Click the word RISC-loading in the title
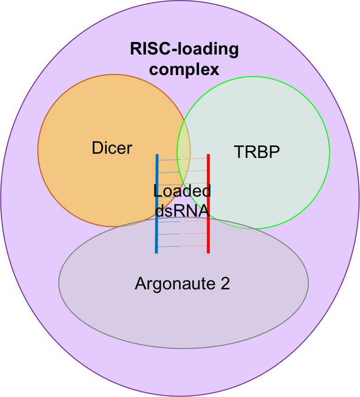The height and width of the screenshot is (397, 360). click(x=184, y=49)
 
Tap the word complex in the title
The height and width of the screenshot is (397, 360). click(x=184, y=70)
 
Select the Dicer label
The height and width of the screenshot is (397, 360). click(x=112, y=148)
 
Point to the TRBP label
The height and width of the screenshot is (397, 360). click(x=256, y=152)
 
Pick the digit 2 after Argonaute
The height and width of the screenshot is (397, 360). click(x=225, y=283)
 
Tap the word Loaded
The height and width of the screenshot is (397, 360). click(x=182, y=191)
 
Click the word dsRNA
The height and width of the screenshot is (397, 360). click(x=182, y=211)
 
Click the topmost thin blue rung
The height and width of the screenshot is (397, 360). click(x=170, y=160)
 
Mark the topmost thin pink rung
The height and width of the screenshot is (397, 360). click(x=196, y=159)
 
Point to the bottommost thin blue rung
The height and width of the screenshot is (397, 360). click(x=170, y=246)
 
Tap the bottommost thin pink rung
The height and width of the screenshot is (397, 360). click(x=196, y=246)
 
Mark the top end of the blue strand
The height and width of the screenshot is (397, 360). click(x=157, y=156)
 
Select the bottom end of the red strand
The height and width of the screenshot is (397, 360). click(x=208, y=252)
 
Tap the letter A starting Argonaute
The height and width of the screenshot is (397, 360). click(x=140, y=283)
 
